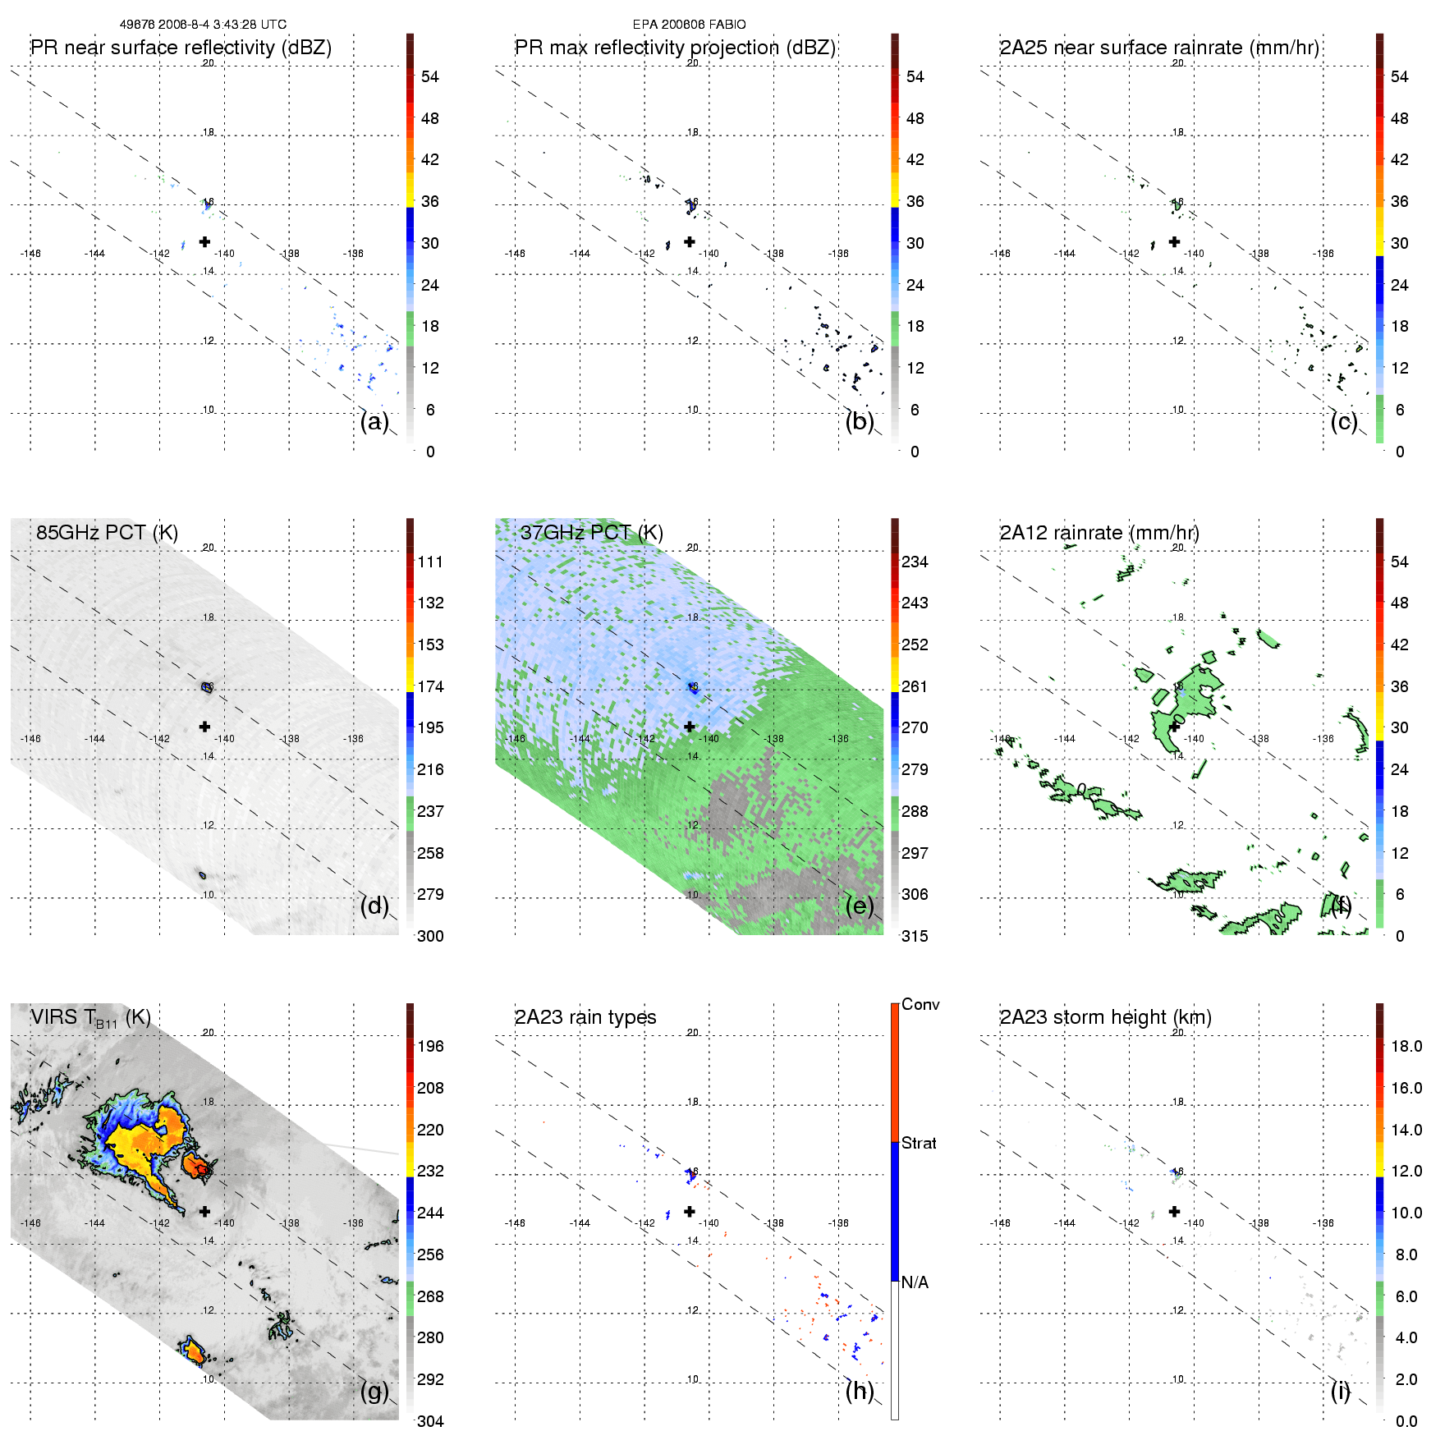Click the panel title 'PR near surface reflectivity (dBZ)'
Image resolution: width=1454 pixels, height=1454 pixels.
[x=181, y=48]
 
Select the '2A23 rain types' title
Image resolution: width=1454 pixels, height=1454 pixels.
[x=585, y=1017]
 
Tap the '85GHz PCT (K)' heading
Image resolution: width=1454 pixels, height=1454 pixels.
[x=107, y=533]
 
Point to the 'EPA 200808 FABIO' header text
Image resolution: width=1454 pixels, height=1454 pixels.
[x=689, y=25]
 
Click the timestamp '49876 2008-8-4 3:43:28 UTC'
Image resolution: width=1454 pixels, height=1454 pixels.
[x=203, y=25]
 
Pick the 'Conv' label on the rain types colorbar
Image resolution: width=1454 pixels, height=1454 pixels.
[x=920, y=1004]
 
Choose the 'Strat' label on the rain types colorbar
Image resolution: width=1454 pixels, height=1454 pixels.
[x=919, y=1143]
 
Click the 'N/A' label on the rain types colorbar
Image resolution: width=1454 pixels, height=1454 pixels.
[x=915, y=1282]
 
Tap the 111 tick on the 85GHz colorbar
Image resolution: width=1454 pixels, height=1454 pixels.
[x=430, y=562]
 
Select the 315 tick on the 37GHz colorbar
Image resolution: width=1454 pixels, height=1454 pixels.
[x=915, y=936]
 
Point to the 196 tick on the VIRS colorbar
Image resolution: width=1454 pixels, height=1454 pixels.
[x=430, y=1046]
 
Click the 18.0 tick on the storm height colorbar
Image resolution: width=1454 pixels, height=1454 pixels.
[x=1406, y=1046]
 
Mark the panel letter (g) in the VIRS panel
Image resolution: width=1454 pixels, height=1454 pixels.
[x=374, y=1391]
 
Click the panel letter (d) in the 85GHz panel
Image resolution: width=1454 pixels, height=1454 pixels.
[x=374, y=906]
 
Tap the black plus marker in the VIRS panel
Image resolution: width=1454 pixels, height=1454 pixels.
[x=204, y=1211]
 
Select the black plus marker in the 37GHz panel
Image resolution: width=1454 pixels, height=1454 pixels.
[x=690, y=727]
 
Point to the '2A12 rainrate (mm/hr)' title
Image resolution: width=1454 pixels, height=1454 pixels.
[x=1099, y=533]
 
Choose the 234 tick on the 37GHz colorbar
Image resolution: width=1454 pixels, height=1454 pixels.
[x=915, y=562]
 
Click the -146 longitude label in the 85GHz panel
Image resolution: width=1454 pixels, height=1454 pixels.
[x=30, y=739]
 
